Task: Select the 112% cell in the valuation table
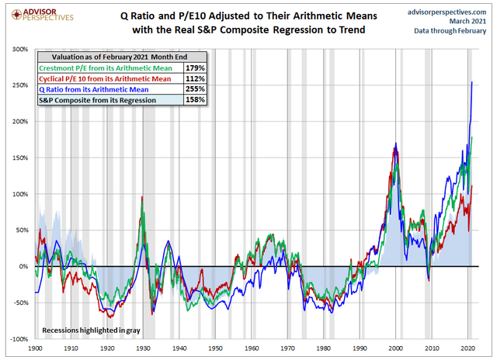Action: (x=195, y=78)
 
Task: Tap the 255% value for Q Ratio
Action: (x=195, y=89)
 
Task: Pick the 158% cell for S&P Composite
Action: (x=195, y=100)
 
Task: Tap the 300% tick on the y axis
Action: (x=19, y=49)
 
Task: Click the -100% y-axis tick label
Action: (x=17, y=339)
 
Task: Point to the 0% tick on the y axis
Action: (x=23, y=266)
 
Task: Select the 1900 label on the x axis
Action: (x=36, y=348)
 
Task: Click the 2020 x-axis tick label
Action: (x=467, y=348)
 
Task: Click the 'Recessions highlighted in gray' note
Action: (x=91, y=331)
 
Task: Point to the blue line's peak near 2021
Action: (x=472, y=82)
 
